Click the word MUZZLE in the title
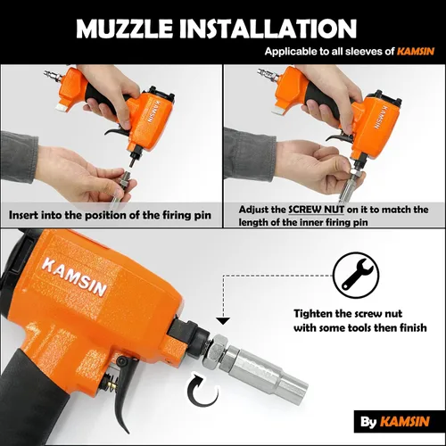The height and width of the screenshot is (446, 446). pos(124,29)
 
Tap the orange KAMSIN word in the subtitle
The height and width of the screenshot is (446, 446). pos(416,52)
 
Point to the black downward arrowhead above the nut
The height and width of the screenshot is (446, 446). pos(223,321)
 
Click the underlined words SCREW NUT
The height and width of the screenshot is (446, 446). pos(317,210)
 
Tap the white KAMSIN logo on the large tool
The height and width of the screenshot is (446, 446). pos(74,277)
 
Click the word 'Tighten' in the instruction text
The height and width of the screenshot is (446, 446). pos(313,314)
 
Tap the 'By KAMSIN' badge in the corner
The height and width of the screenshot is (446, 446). pos(395,422)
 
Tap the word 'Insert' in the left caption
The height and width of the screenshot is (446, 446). pos(23,215)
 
